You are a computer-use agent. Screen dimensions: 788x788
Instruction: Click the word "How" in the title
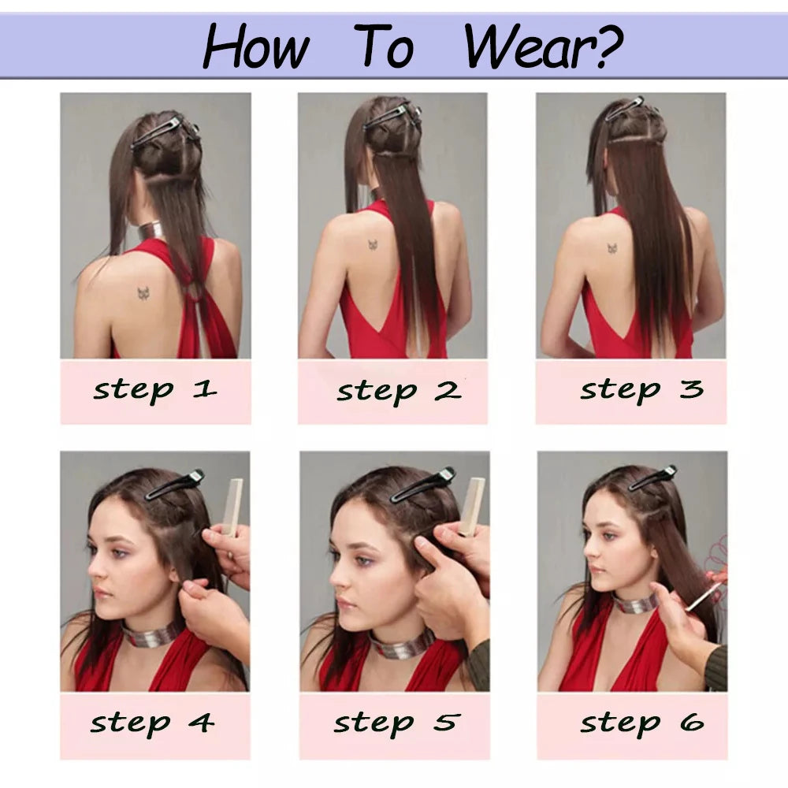[x=256, y=46]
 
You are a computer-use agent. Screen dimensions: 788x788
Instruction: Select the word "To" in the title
[x=384, y=46]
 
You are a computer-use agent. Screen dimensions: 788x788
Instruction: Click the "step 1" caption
[x=155, y=391]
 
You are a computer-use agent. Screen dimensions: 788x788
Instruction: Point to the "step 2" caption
[x=399, y=392]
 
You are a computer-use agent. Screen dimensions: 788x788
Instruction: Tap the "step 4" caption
[x=152, y=723]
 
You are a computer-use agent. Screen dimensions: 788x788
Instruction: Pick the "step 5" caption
[x=396, y=723]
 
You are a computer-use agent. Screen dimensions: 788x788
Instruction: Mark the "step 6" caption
[x=641, y=723]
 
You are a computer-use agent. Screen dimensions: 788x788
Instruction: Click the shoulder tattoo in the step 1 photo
[x=145, y=293]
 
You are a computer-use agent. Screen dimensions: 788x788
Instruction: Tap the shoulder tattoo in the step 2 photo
[x=373, y=245]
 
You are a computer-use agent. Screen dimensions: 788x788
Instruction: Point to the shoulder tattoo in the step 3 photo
[x=612, y=248]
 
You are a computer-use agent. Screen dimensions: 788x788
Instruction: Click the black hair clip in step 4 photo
[x=174, y=485]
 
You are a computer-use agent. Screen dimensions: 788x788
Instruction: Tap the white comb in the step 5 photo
[x=471, y=506]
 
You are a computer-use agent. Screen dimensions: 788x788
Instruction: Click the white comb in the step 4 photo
[x=232, y=507]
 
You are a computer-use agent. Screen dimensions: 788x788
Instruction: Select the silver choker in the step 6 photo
[x=634, y=602]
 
